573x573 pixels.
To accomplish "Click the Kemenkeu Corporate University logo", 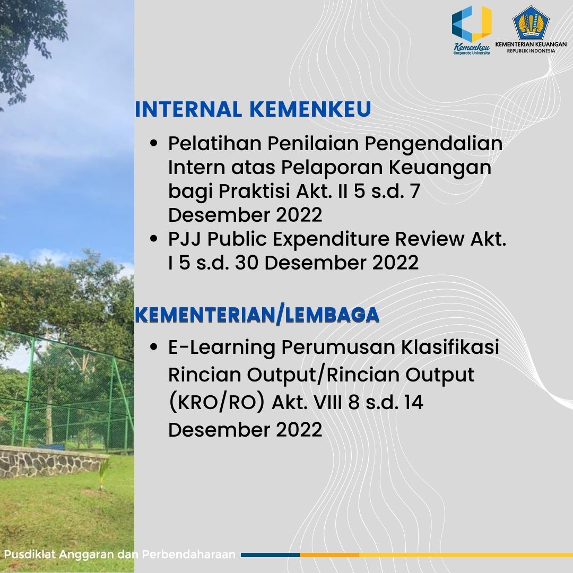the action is coord(472,30).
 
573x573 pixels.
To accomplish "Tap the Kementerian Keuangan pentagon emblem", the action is coord(531,22).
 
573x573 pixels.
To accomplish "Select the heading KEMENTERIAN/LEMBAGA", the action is coord(257,315).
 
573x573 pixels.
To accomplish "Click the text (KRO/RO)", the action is coord(216,403).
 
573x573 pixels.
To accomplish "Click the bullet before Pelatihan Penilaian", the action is coord(154,143).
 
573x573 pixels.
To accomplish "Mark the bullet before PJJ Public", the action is coord(154,239).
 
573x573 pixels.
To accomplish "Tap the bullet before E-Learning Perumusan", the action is coord(154,346).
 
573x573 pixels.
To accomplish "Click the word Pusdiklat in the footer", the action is coord(30,554).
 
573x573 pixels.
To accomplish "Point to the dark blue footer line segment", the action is coord(271,555).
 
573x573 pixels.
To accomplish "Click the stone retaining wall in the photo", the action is coord(51,462).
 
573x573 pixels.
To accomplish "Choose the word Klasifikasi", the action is coord(450,347).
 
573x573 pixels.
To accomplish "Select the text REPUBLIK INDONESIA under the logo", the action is coord(531,51).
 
